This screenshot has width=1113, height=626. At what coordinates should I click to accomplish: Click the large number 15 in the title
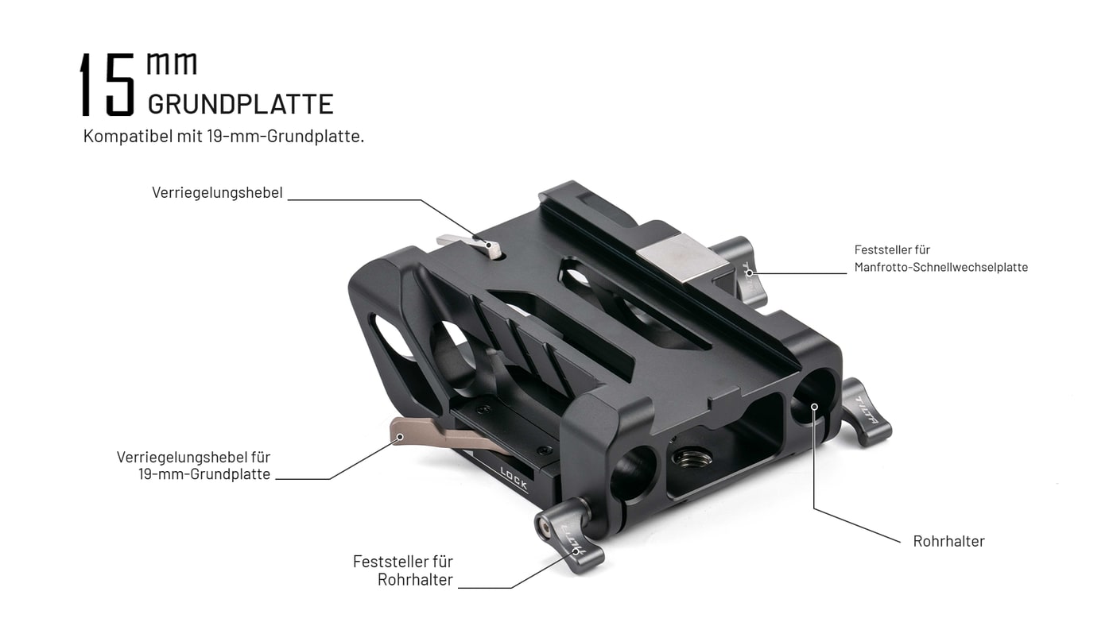(107, 84)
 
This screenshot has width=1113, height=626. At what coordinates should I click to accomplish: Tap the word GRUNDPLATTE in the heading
(240, 104)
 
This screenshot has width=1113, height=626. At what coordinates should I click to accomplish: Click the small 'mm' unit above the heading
(172, 64)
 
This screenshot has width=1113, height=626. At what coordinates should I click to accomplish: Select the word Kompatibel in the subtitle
(128, 136)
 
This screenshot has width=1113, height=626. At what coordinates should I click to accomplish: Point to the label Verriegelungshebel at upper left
(217, 192)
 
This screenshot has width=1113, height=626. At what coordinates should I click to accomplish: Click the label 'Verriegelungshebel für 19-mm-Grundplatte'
(194, 466)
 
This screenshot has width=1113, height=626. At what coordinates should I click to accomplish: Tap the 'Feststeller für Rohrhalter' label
(403, 570)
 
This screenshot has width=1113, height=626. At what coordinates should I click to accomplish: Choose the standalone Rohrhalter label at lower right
(948, 541)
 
